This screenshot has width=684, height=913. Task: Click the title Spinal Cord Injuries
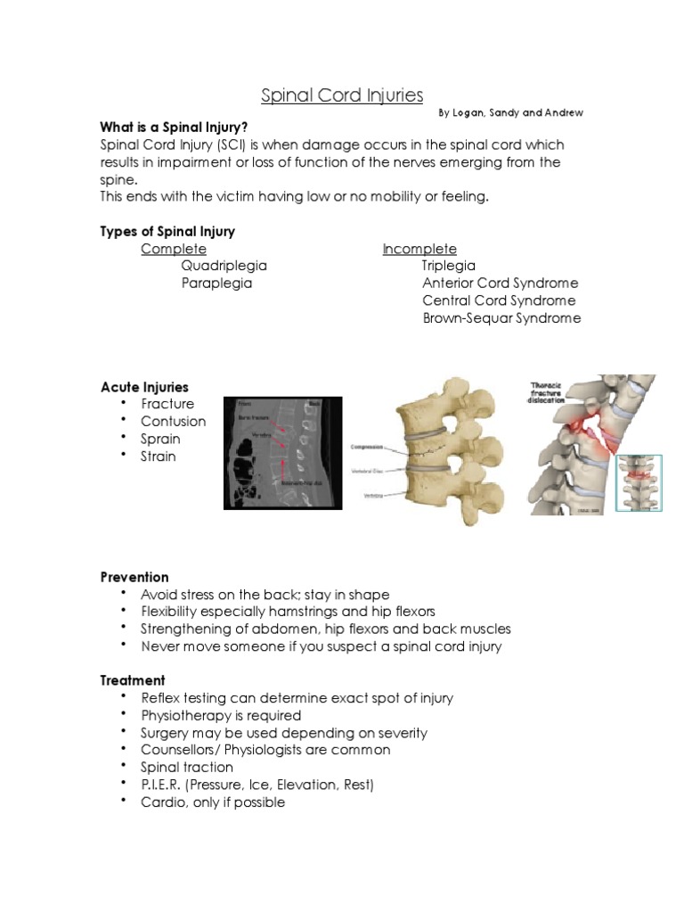pos(341,95)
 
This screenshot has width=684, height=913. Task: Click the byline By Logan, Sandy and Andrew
pos(510,114)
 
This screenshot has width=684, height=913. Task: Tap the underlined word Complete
pos(174,249)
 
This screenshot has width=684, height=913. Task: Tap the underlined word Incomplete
pos(419,249)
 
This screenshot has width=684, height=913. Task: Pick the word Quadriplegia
pos(224,266)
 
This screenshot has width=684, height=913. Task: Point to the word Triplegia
pos(449,266)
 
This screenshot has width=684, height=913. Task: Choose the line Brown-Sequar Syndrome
pos(501,318)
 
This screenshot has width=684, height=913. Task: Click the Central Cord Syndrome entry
pos(499,300)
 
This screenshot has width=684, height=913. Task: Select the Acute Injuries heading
pos(144,387)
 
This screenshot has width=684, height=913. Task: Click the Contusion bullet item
pos(173,422)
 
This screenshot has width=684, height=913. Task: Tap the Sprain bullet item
pos(160,439)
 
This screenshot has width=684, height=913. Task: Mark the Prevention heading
pos(134,577)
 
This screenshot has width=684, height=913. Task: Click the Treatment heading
pos(133,680)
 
